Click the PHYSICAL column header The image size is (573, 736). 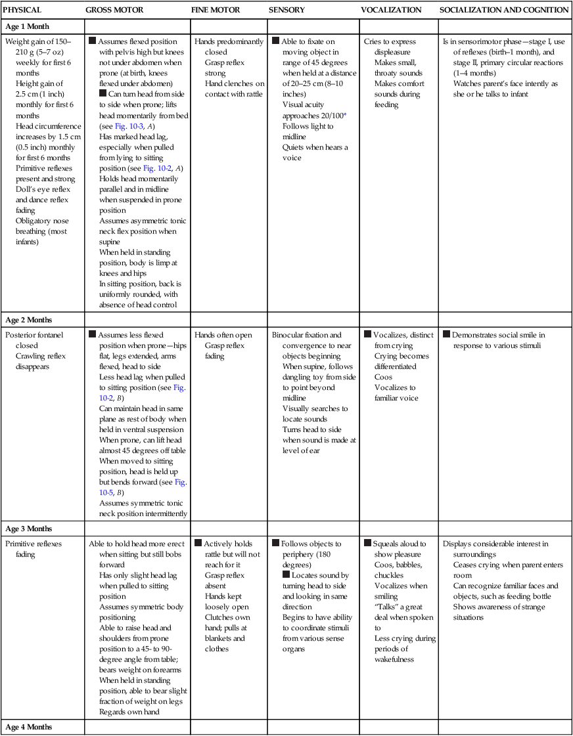pos(23,11)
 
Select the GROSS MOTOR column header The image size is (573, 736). pos(114,11)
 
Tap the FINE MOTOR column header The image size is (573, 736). pos(216,11)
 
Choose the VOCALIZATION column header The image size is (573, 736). pos(391,11)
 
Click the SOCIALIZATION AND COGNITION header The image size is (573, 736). pos(503,11)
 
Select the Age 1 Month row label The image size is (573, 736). pos(28,27)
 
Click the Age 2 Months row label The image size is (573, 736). pos(30,320)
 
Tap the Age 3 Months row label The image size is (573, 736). pos(30,529)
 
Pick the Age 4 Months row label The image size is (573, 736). pos(30,727)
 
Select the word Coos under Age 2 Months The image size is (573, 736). pos(382,377)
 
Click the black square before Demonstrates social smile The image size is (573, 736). pos(446,335)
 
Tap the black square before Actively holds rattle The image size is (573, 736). pos(198,544)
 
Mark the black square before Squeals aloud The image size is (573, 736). pos(367,544)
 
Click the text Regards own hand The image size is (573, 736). pos(129,712)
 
